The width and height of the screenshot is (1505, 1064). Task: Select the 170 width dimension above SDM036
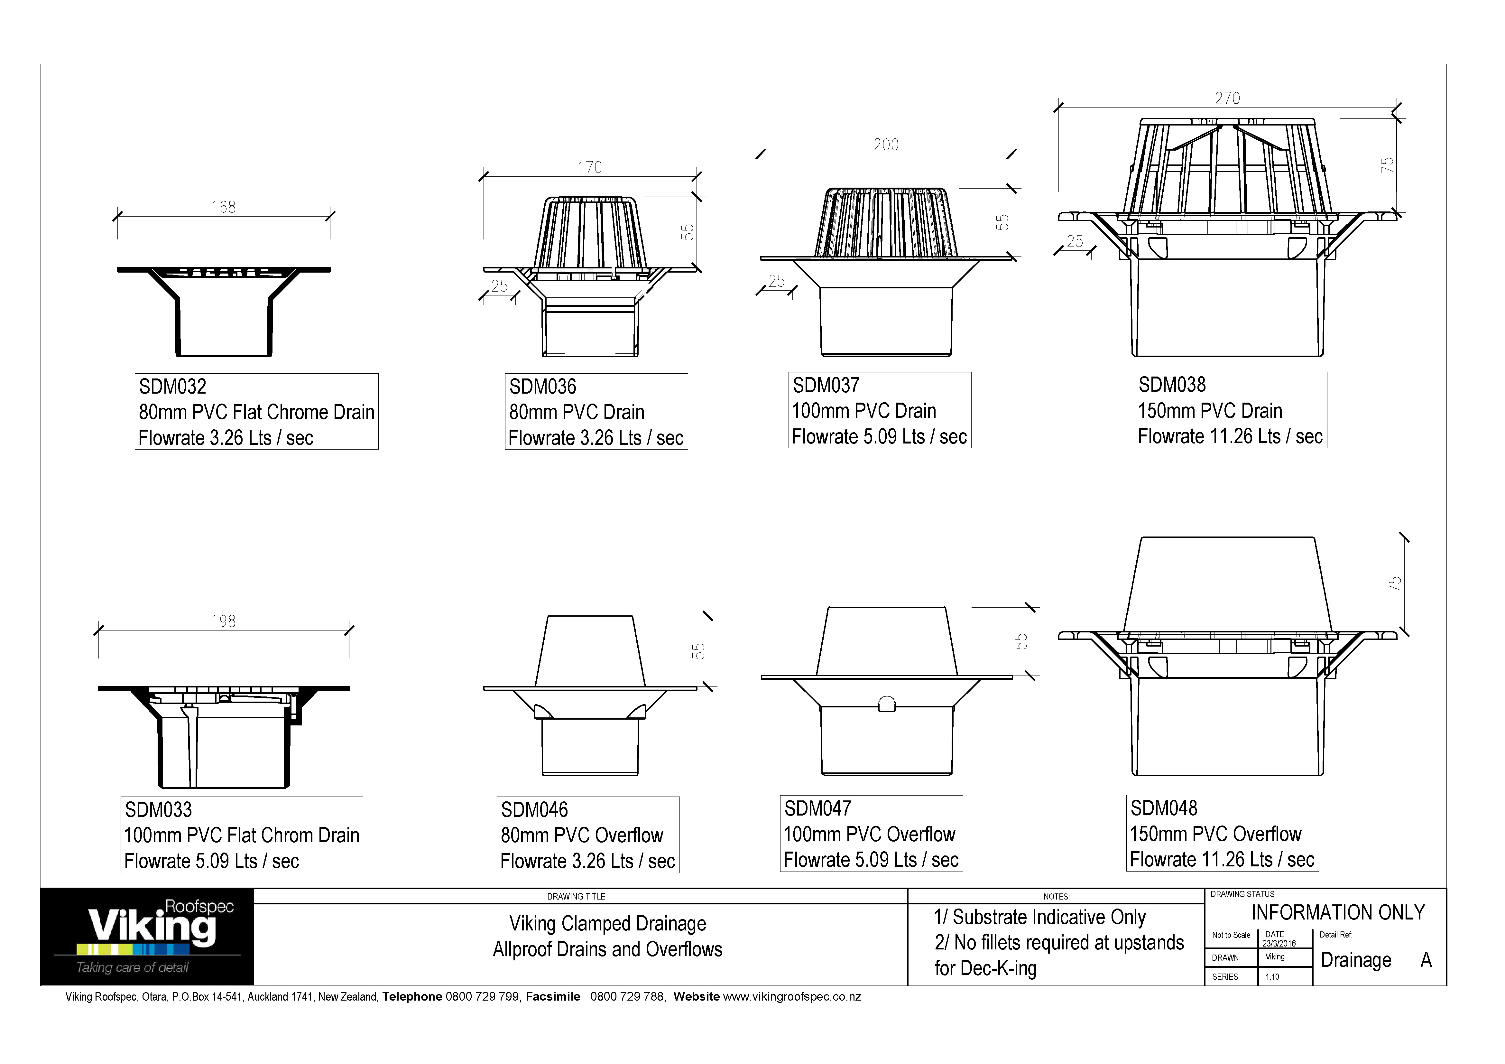tap(589, 168)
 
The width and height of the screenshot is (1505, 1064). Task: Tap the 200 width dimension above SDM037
tap(886, 145)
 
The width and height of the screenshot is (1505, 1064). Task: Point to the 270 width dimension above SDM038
tap(1227, 98)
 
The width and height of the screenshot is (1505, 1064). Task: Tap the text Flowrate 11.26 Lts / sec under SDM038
tap(1230, 437)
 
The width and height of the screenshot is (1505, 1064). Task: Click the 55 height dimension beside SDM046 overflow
tap(699, 651)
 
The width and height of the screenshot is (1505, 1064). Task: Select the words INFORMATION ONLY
tap(1338, 912)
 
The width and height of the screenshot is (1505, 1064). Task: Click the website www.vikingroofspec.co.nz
tap(792, 997)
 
